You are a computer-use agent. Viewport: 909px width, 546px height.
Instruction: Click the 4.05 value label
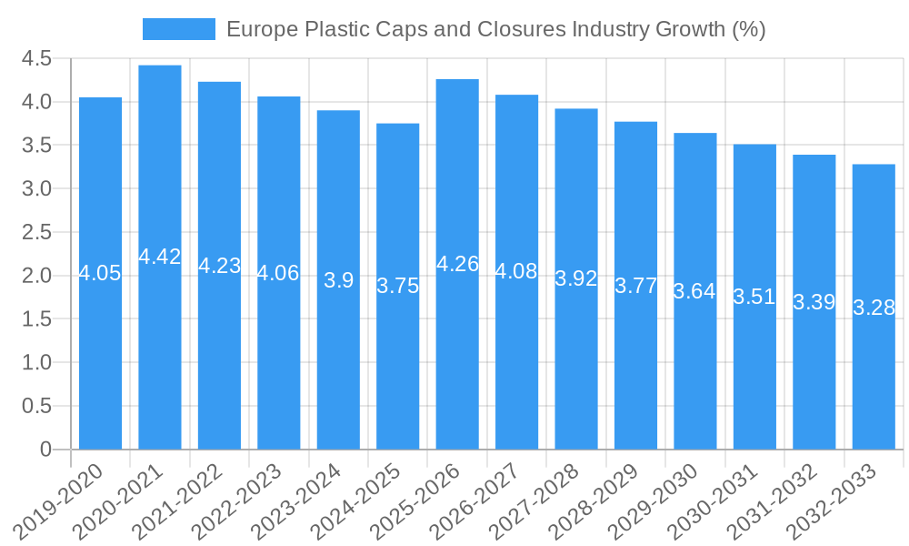(100, 273)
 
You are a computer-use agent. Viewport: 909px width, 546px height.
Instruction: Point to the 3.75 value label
(398, 286)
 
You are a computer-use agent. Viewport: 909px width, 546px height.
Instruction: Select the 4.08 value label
(516, 271)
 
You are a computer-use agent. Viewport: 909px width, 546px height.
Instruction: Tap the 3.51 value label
(754, 297)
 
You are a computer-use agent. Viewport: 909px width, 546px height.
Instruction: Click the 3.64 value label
(694, 291)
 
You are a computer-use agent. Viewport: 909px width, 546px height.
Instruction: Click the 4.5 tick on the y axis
(36, 59)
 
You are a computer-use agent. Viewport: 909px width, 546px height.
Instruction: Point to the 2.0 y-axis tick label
(36, 276)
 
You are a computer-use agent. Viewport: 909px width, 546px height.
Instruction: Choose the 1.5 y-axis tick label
(36, 319)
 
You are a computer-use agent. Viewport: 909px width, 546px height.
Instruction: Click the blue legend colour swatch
(179, 29)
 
